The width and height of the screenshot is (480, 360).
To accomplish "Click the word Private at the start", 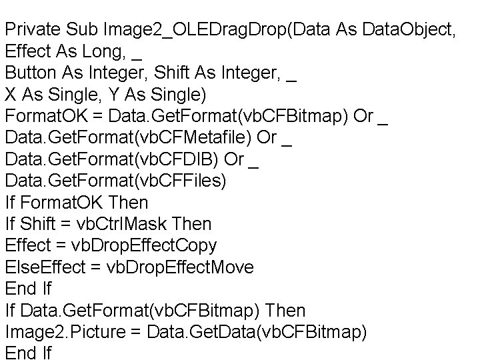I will pyautogui.click(x=32, y=30).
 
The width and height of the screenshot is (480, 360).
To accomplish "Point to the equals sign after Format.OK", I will pyautogui.click(x=98, y=115).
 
